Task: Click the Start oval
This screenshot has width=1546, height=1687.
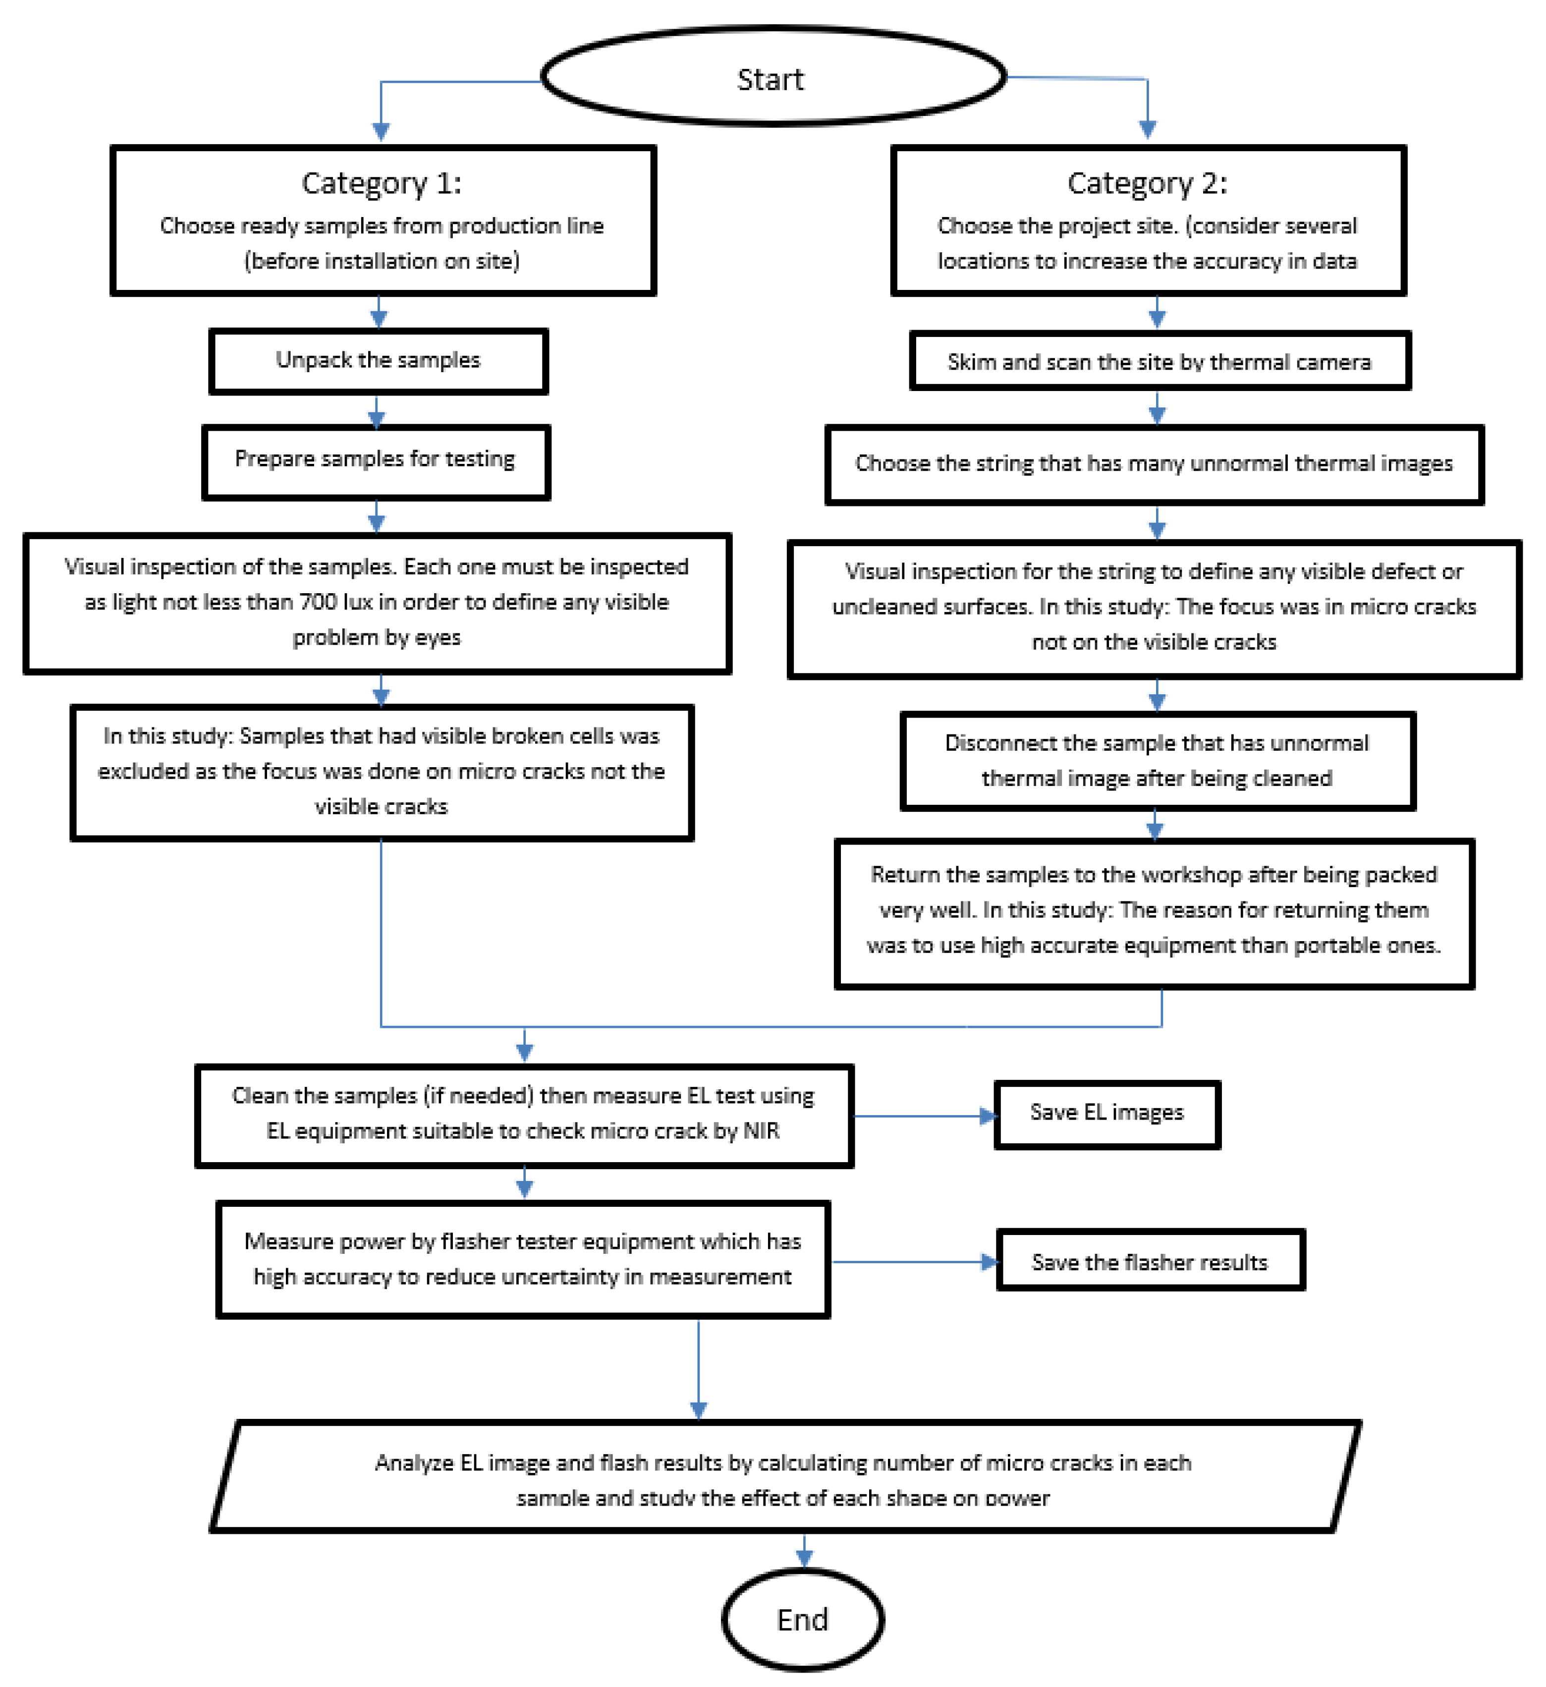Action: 773,77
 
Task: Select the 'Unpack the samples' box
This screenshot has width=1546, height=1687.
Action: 378,361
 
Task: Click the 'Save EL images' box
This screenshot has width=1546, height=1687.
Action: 1107,1114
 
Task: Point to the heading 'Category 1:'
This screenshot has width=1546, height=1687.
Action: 382,182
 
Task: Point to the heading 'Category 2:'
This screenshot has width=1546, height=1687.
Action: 1148,182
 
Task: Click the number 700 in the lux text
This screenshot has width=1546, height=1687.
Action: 318,602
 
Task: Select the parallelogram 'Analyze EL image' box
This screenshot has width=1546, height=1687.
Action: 785,1477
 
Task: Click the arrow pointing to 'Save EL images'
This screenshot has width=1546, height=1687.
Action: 987,1116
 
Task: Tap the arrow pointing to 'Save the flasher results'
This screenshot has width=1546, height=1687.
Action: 989,1262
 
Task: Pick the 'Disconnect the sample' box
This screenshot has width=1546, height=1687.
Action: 1158,761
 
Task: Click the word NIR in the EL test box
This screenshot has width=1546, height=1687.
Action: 761,1130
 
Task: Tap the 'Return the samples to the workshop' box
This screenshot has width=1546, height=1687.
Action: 1155,914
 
